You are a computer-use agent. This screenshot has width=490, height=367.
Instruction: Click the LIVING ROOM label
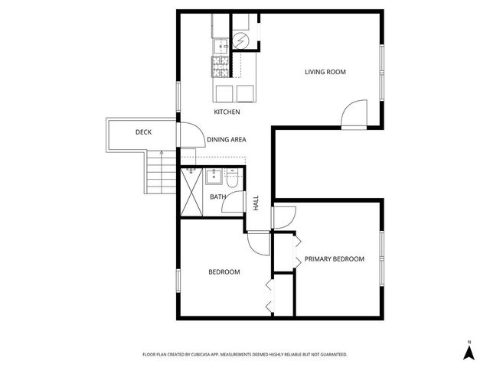pyautogui.click(x=325, y=72)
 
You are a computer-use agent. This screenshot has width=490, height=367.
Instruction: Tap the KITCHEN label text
pyautogui.click(x=227, y=112)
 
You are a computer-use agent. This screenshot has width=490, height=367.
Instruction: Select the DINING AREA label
pyautogui.click(x=226, y=140)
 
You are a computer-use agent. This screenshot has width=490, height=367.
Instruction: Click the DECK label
pyautogui.click(x=143, y=132)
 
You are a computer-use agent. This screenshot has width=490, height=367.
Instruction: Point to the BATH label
pyautogui.click(x=217, y=197)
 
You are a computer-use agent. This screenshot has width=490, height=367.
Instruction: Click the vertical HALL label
pyautogui.click(x=256, y=203)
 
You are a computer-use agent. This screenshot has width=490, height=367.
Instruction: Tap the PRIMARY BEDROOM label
pyautogui.click(x=334, y=259)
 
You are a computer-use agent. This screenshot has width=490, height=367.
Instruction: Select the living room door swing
pyautogui.click(x=353, y=114)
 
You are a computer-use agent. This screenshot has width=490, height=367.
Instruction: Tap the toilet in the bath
pyautogui.click(x=234, y=179)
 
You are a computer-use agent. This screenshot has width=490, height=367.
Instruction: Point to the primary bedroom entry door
pyautogui.click(x=282, y=216)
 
